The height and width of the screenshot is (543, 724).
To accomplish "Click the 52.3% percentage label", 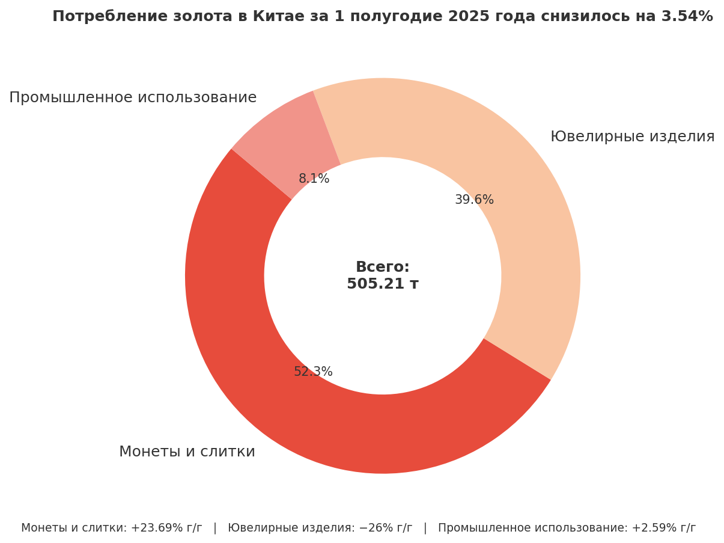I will coord(313,372).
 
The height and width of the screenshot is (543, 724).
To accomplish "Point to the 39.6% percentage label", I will coord(474,200).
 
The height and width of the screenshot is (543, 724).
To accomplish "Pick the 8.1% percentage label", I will coord(314,179).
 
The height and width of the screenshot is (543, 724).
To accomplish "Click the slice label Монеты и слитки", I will coord(187,452).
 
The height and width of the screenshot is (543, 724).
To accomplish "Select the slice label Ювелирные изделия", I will coord(632,137).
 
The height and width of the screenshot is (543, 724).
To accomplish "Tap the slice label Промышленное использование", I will coord(133,98).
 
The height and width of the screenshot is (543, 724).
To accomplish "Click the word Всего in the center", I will coord(382,268).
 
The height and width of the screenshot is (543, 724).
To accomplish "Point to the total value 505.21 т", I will coord(383,284).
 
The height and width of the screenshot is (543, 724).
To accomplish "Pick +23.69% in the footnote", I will coord(157,529).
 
